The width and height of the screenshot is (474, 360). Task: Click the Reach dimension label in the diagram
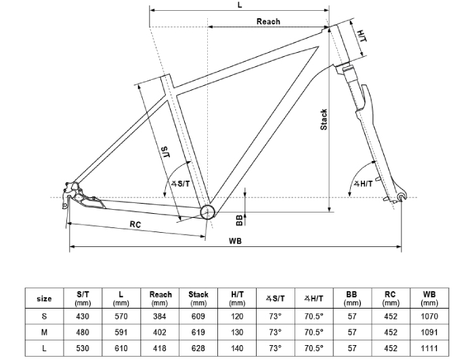click(x=268, y=22)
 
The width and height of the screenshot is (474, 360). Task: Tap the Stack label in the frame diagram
click(x=324, y=120)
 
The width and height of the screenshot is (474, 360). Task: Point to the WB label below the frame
click(x=236, y=241)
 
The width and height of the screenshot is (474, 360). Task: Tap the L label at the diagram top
click(x=240, y=5)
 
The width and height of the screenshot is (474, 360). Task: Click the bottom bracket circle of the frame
click(x=207, y=212)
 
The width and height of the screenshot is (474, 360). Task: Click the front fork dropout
click(x=401, y=197)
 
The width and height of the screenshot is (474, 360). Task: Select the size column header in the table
click(x=44, y=298)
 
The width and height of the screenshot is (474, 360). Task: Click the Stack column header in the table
click(x=198, y=298)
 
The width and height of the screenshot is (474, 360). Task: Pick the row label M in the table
click(x=44, y=332)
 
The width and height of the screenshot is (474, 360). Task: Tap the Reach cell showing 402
click(x=160, y=332)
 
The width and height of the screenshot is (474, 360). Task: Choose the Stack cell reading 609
click(x=198, y=316)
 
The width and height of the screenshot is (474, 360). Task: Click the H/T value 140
click(x=237, y=348)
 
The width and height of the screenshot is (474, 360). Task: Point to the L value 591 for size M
click(x=120, y=332)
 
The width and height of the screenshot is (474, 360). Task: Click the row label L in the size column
click(x=44, y=348)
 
